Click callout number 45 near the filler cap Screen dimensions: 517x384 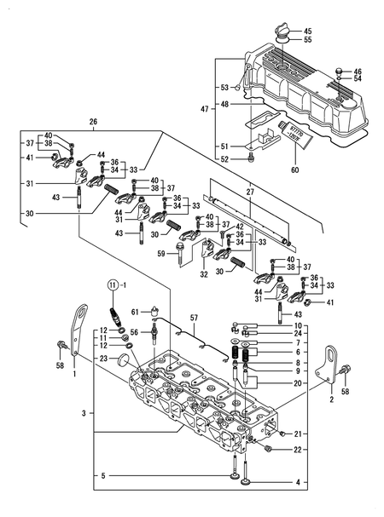tap(308, 32)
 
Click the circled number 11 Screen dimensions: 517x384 tap(113, 284)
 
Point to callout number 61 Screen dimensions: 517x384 tap(135, 313)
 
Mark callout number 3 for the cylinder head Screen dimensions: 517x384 tap(83, 412)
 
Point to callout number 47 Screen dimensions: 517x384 tap(201, 109)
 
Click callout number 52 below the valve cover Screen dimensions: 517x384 tap(224, 159)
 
